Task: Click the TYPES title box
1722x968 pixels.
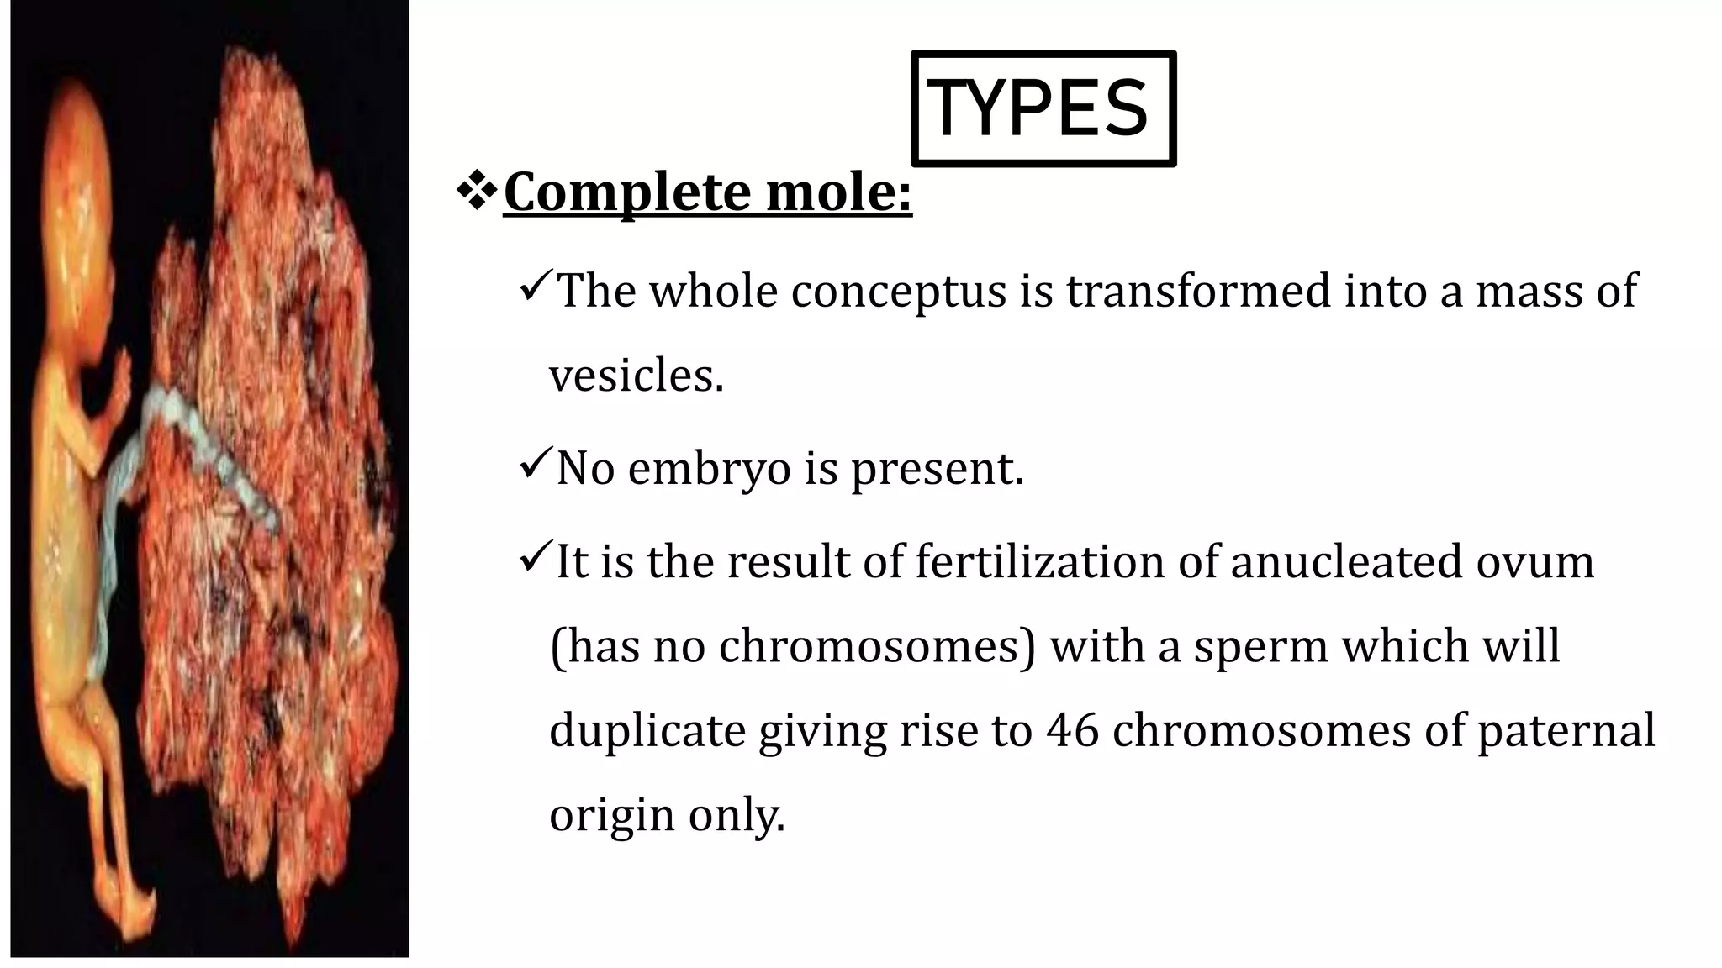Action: pos(1043,108)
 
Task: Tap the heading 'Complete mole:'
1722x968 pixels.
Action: pos(707,192)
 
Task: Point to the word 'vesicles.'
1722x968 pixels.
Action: pos(637,376)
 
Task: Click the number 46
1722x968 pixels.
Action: pos(1073,730)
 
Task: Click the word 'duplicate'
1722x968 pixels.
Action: pos(647,730)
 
